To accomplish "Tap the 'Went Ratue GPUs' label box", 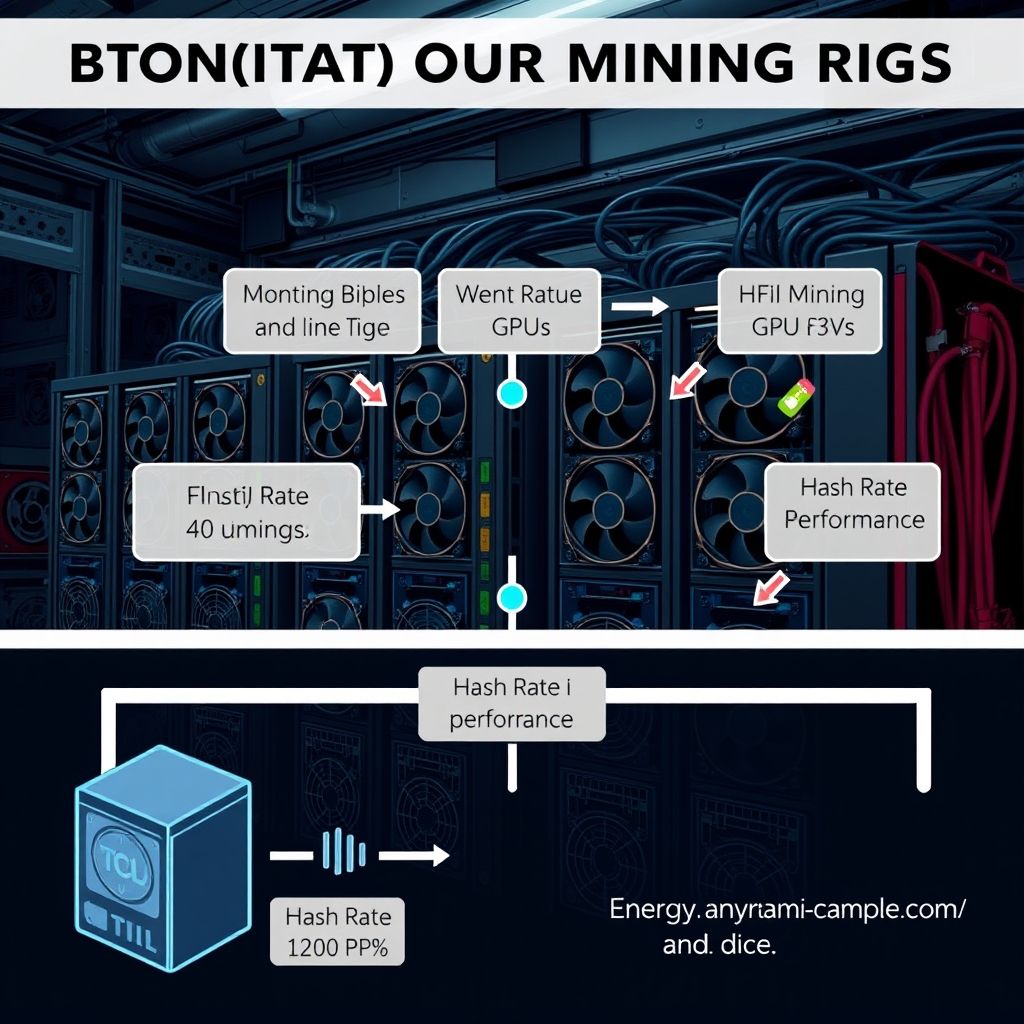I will point(518,310).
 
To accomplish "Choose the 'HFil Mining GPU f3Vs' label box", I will point(800,310).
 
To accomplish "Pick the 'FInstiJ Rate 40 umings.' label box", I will point(247,511).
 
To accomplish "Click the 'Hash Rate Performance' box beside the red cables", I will point(853,504).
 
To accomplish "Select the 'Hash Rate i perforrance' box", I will point(512,704).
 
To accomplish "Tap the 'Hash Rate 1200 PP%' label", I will point(338,931).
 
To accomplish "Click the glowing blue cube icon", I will point(163,870).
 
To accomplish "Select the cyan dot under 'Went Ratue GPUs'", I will point(512,393).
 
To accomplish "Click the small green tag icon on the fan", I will point(797,398).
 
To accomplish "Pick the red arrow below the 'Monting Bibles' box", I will point(370,388).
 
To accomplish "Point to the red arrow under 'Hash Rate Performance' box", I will point(768,587).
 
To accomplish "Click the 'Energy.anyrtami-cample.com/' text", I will point(787,911).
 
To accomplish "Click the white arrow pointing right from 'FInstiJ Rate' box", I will point(379,510).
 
